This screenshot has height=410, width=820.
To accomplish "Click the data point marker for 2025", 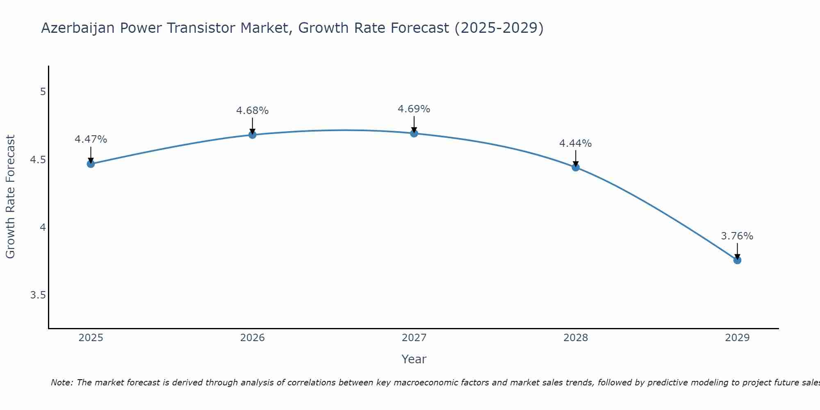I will (91, 164).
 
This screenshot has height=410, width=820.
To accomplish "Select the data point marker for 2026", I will (252, 135).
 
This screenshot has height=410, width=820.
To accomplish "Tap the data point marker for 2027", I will (414, 133).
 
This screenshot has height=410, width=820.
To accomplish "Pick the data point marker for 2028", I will (575, 167).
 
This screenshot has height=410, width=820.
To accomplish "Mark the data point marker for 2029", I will (737, 260).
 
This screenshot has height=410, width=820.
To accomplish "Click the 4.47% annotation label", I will (91, 139).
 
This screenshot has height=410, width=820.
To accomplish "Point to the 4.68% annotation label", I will (252, 111).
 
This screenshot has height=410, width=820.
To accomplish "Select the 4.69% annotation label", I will (414, 109).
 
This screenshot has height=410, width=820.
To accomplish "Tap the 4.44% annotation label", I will (575, 143).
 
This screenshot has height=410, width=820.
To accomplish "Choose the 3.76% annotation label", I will (737, 236).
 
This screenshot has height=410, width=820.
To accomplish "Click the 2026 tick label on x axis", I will (252, 338).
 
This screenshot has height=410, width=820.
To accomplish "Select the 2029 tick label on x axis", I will (737, 338).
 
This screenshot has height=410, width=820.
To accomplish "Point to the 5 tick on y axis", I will (43, 92).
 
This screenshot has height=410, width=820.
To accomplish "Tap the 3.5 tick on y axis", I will (38, 295).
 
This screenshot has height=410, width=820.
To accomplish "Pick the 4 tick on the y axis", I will (43, 227).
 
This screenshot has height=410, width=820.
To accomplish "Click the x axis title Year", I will (414, 359).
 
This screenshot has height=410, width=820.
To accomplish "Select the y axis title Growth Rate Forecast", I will (10, 196).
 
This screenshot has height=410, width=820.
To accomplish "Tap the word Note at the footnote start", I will (61, 383).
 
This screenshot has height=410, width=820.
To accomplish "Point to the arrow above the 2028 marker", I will (575, 158).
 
